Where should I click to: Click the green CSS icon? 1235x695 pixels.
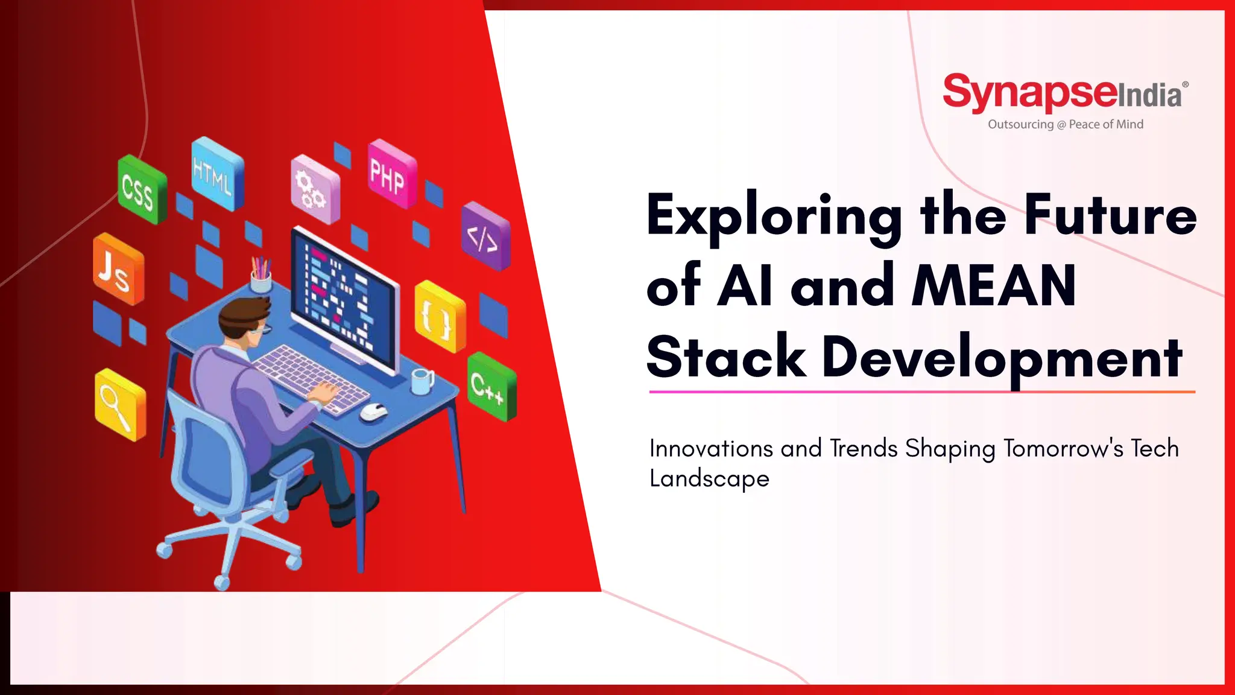tap(141, 190)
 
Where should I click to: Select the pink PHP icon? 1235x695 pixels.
tap(391, 174)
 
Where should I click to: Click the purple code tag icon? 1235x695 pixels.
tap(485, 236)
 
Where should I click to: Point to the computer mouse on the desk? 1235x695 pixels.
tap(374, 411)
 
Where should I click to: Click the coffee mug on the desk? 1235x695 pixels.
tap(422, 381)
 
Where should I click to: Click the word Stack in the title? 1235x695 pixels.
tap(725, 357)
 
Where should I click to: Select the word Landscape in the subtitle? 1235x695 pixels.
tap(709, 478)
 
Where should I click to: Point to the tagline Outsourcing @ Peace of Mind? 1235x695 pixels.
tap(1065, 124)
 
